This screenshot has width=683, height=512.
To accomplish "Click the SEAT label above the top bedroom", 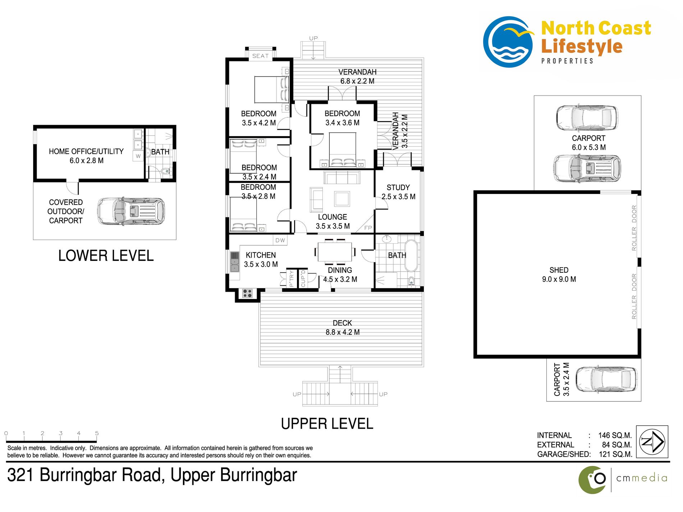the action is [x=260, y=56].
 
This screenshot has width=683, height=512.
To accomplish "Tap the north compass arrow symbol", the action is [x=652, y=442].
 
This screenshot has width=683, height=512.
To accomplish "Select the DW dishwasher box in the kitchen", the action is [x=280, y=240].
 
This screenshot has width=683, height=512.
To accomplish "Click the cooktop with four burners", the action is [x=247, y=293].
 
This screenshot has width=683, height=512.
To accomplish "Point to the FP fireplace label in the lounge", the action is [x=368, y=228].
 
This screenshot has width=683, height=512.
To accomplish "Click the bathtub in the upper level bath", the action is [x=411, y=255].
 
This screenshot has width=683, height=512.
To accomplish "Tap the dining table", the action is [x=335, y=252].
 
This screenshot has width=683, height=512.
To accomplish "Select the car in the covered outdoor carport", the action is [x=131, y=211].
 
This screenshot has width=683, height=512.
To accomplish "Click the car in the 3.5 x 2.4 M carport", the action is [x=606, y=379].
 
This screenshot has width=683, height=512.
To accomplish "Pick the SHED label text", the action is [x=559, y=270].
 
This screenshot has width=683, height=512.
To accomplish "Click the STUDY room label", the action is [x=398, y=188].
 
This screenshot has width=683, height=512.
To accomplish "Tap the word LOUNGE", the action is [x=333, y=217].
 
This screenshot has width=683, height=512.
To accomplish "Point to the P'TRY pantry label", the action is [x=292, y=278].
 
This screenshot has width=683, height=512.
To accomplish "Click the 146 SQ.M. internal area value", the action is [x=615, y=435].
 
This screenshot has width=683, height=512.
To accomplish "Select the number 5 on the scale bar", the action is [x=97, y=433].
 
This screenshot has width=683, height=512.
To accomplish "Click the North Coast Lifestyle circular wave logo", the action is [x=508, y=42].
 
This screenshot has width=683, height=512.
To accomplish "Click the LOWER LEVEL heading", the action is [x=106, y=256].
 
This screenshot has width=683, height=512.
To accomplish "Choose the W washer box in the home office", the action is [x=138, y=156].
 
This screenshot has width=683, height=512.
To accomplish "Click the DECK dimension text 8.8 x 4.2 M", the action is [x=343, y=332].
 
